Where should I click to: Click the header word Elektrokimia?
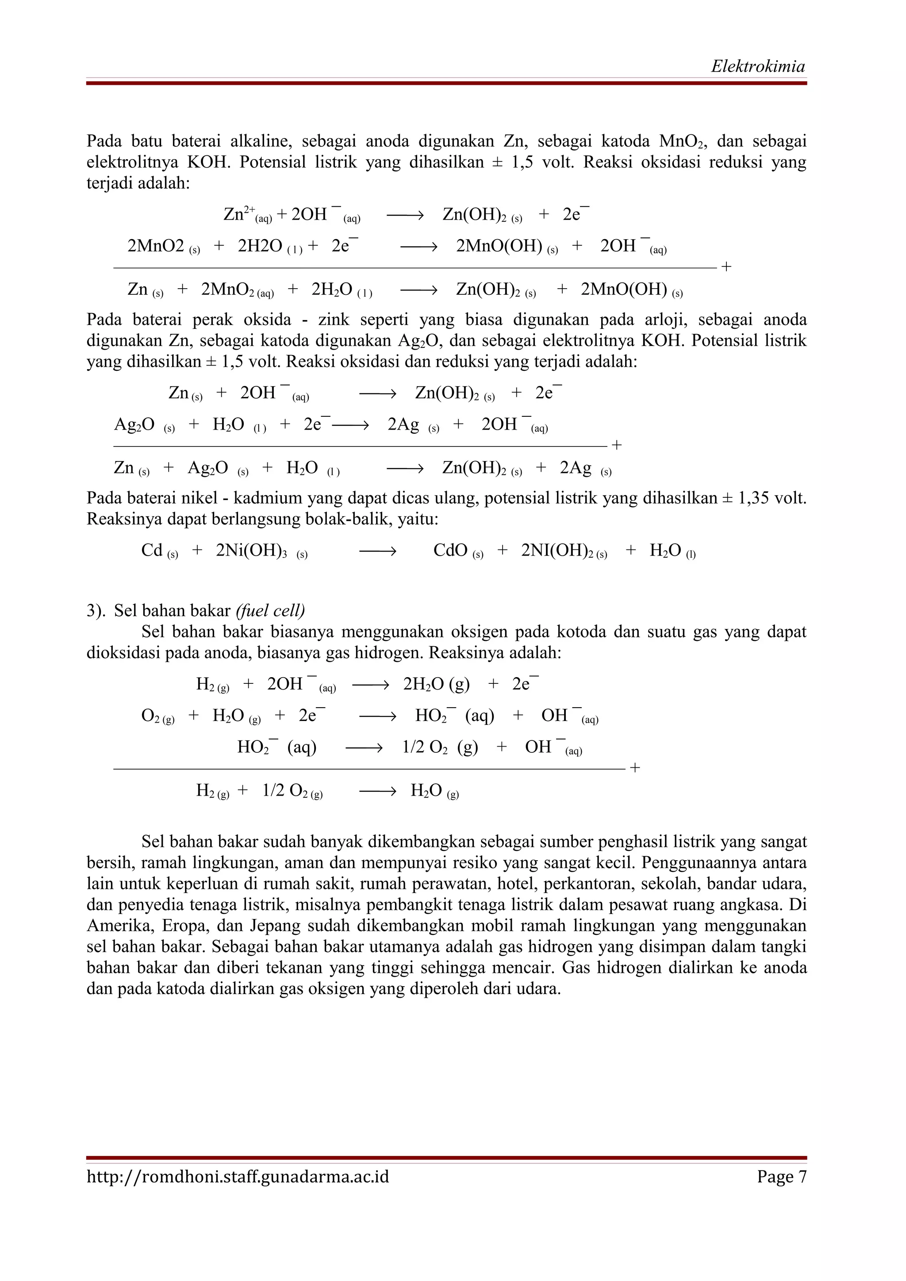pos(757,66)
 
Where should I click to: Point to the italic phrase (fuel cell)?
pos(270,610)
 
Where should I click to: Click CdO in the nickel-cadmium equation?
pos(450,551)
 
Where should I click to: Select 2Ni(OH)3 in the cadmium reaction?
pos(251,551)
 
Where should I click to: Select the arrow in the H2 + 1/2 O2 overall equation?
pos(377,791)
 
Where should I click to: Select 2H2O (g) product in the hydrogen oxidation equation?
pos(436,684)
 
